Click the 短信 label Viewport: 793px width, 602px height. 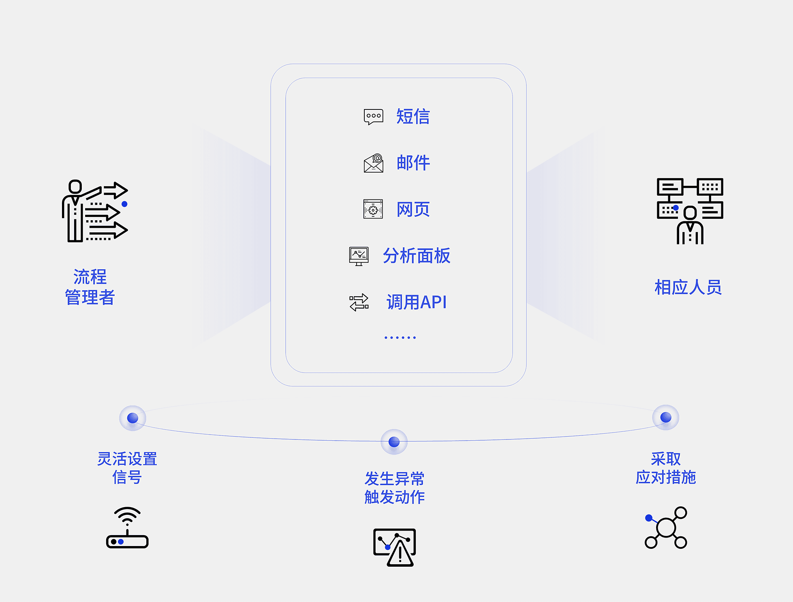413,116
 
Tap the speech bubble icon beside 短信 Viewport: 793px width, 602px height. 373,117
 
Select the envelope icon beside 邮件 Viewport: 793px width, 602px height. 373,163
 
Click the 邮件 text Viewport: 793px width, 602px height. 413,163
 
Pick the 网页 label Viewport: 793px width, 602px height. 413,210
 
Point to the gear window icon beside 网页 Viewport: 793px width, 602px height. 373,209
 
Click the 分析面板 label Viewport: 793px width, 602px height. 416,256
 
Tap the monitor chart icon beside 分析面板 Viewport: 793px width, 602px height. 359,256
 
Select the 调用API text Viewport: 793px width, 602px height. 416,302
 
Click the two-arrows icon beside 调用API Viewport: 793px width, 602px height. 359,302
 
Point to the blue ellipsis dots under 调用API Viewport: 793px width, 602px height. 400,337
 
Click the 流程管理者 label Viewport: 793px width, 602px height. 90,287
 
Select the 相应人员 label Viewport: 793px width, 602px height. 688,287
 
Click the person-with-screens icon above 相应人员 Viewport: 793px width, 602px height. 690,211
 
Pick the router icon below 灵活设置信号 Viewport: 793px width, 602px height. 127,528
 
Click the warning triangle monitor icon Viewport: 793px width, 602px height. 394,547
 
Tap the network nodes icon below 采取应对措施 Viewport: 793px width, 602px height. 666,527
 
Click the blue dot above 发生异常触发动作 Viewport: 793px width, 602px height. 394,442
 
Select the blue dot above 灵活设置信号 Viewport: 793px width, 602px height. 133,418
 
